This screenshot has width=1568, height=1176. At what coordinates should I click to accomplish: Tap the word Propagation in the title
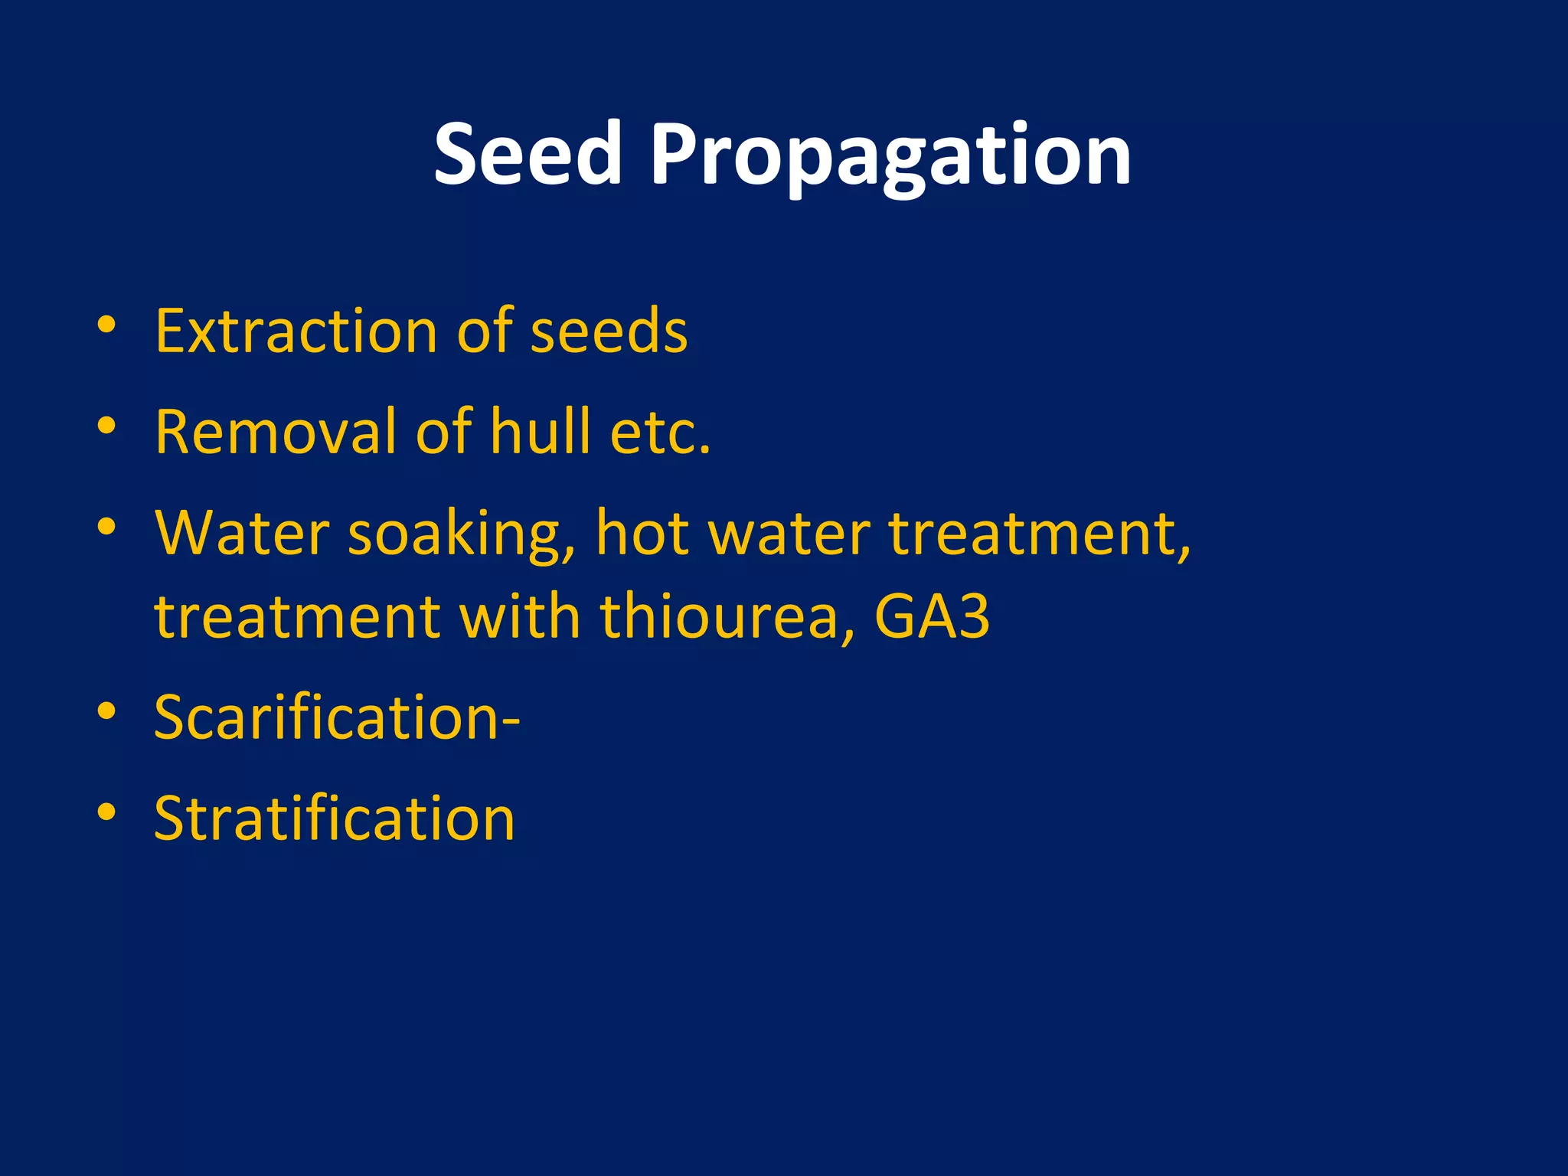(x=890, y=157)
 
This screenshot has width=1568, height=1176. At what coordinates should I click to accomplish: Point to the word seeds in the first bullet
(x=609, y=331)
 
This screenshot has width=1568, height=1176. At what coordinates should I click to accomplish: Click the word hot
(x=642, y=533)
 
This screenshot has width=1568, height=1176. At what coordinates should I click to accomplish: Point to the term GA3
(x=932, y=616)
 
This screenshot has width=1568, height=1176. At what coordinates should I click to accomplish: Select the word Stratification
(x=335, y=818)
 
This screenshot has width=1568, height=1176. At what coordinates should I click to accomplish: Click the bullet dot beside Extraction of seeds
(x=106, y=324)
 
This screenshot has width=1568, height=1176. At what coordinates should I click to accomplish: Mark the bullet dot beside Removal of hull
(x=106, y=425)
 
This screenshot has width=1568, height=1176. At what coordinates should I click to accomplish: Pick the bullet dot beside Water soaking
(x=106, y=527)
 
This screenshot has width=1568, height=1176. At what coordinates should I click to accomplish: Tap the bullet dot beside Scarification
(x=106, y=710)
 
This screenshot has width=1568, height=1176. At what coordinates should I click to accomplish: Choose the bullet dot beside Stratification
(x=106, y=812)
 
